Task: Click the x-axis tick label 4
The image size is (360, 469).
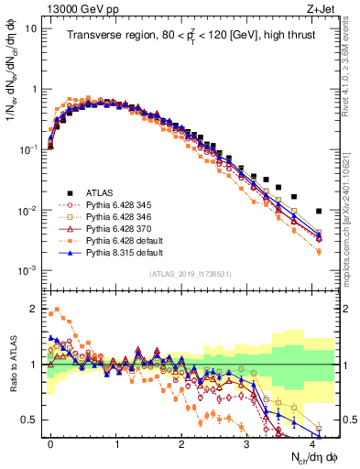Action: pyautogui.click(x=312, y=442)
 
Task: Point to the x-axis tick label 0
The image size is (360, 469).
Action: pyautogui.click(x=50, y=442)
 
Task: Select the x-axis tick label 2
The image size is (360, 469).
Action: pyautogui.click(x=181, y=442)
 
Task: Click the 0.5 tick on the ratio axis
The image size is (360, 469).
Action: pyautogui.click(x=32, y=420)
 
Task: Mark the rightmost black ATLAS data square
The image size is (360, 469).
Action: pyautogui.click(x=319, y=212)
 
